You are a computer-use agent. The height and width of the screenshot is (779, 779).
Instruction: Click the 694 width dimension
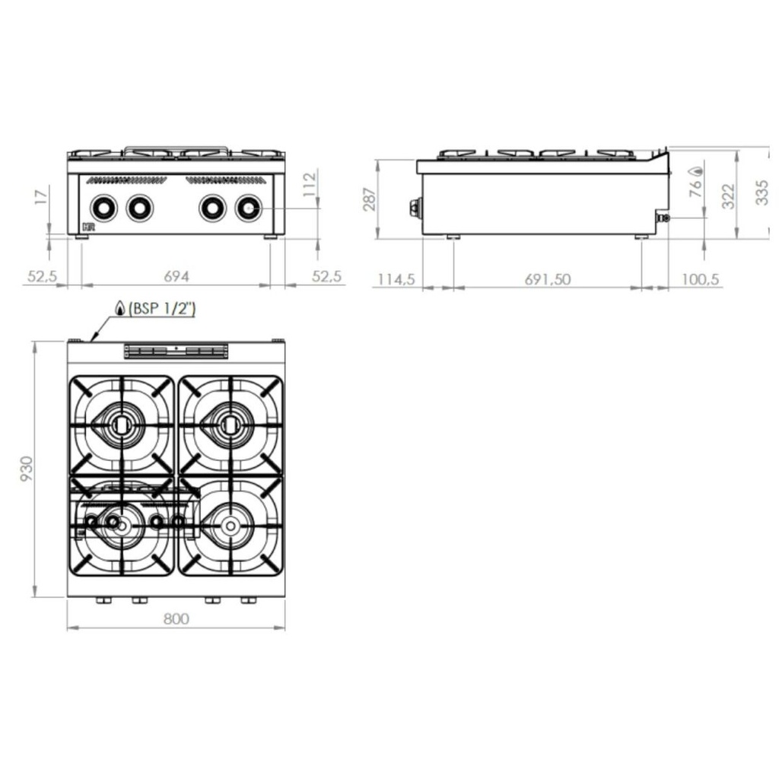tap(176, 276)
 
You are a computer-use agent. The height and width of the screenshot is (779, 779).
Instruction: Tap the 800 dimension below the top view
tap(176, 618)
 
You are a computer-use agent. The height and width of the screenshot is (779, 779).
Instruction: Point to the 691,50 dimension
tap(547, 278)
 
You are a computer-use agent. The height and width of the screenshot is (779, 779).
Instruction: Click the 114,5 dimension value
tap(396, 278)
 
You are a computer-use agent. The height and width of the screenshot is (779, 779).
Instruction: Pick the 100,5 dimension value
tap(699, 278)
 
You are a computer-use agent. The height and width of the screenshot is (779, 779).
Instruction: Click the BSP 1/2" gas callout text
tap(162, 308)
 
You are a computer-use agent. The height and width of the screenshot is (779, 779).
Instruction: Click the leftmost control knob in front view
tap(104, 207)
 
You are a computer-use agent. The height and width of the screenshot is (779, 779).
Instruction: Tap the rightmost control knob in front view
tap(248, 207)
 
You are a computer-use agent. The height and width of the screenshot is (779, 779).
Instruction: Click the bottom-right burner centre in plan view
tap(229, 525)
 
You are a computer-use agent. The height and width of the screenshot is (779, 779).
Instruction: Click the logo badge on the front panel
tap(87, 226)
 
